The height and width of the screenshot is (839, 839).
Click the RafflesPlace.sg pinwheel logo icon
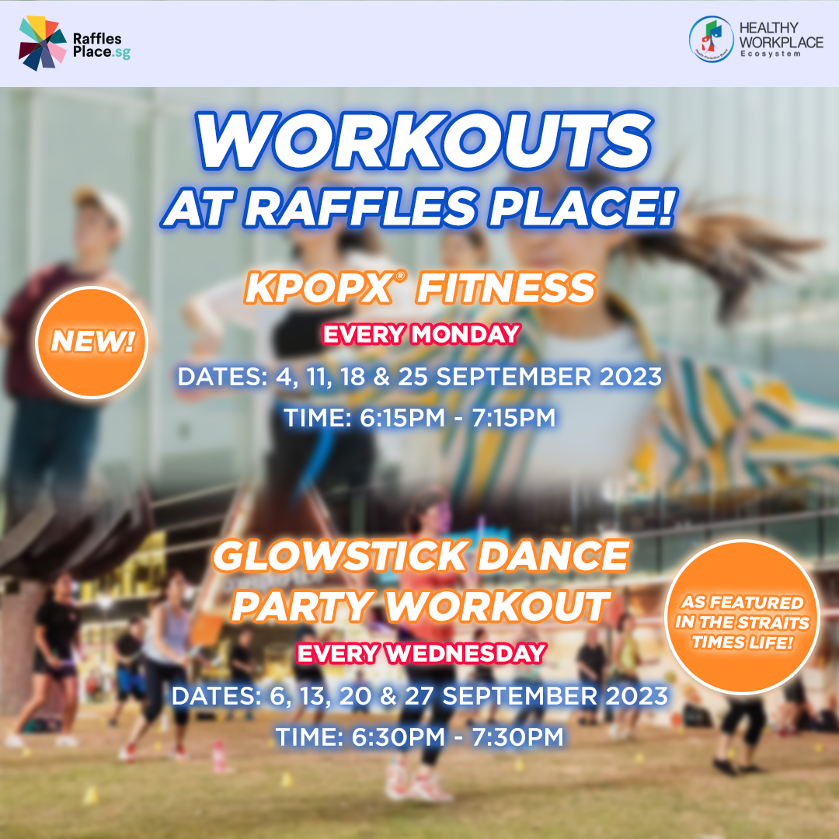pyautogui.click(x=42, y=43)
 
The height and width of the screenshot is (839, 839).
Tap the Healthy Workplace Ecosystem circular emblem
pyautogui.click(x=711, y=39)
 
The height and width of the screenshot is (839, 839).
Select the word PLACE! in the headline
pyautogui.click(x=583, y=207)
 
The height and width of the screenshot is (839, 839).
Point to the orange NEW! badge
pyautogui.click(x=92, y=343)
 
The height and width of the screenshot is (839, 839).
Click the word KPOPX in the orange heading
pyautogui.click(x=319, y=288)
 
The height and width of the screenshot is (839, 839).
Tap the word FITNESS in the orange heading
pyautogui.click(x=507, y=288)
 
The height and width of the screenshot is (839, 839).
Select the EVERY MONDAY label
pyautogui.click(x=422, y=334)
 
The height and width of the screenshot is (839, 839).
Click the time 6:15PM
pyautogui.click(x=402, y=417)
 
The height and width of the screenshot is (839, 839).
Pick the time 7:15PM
pyautogui.click(x=513, y=417)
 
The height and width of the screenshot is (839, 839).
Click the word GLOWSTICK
pyautogui.click(x=340, y=556)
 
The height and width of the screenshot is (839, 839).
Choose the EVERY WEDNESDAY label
pyautogui.click(x=422, y=653)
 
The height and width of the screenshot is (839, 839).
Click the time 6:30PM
pyautogui.click(x=398, y=736)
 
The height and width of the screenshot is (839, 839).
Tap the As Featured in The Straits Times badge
pyautogui.click(x=742, y=617)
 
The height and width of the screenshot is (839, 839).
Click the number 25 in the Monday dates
pyautogui.click(x=413, y=376)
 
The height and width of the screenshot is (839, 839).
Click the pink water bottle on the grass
pyautogui.click(x=218, y=756)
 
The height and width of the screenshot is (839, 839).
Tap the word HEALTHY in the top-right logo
pyautogui.click(x=768, y=27)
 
